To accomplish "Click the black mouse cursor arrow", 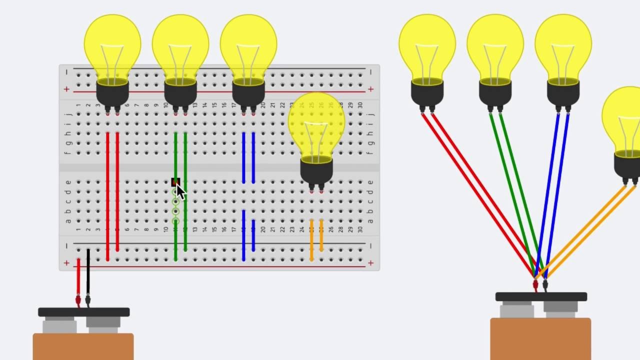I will pos(179,191).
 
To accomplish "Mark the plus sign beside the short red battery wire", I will pos(66,262).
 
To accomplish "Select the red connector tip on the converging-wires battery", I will pos(535,285).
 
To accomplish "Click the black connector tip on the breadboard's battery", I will pos(88,300).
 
